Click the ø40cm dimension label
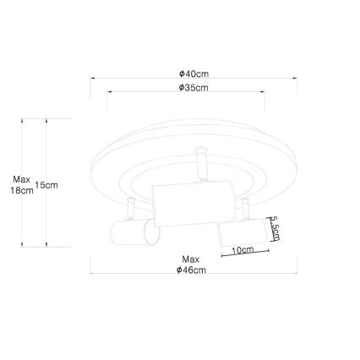point(194,74)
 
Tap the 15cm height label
point(46,185)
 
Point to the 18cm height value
point(22,191)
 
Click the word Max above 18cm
point(22,179)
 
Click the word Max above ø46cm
point(191,259)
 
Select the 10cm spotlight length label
point(243,250)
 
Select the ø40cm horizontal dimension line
point(194,79)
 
